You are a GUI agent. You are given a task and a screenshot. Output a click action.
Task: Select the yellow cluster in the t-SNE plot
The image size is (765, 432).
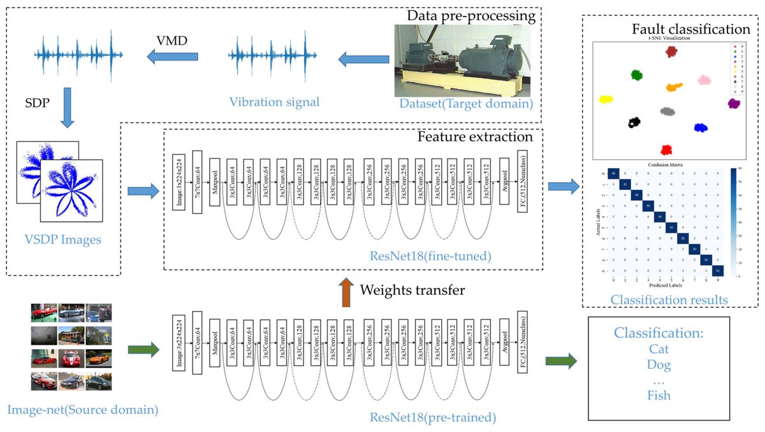click(x=606, y=100)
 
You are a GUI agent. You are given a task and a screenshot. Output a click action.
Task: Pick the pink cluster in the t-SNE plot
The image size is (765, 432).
click(x=704, y=80)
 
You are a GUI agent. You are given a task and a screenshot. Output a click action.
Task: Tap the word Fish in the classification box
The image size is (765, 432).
click(x=659, y=395)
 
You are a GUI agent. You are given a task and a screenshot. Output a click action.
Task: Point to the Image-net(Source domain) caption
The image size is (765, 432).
click(x=84, y=410)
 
